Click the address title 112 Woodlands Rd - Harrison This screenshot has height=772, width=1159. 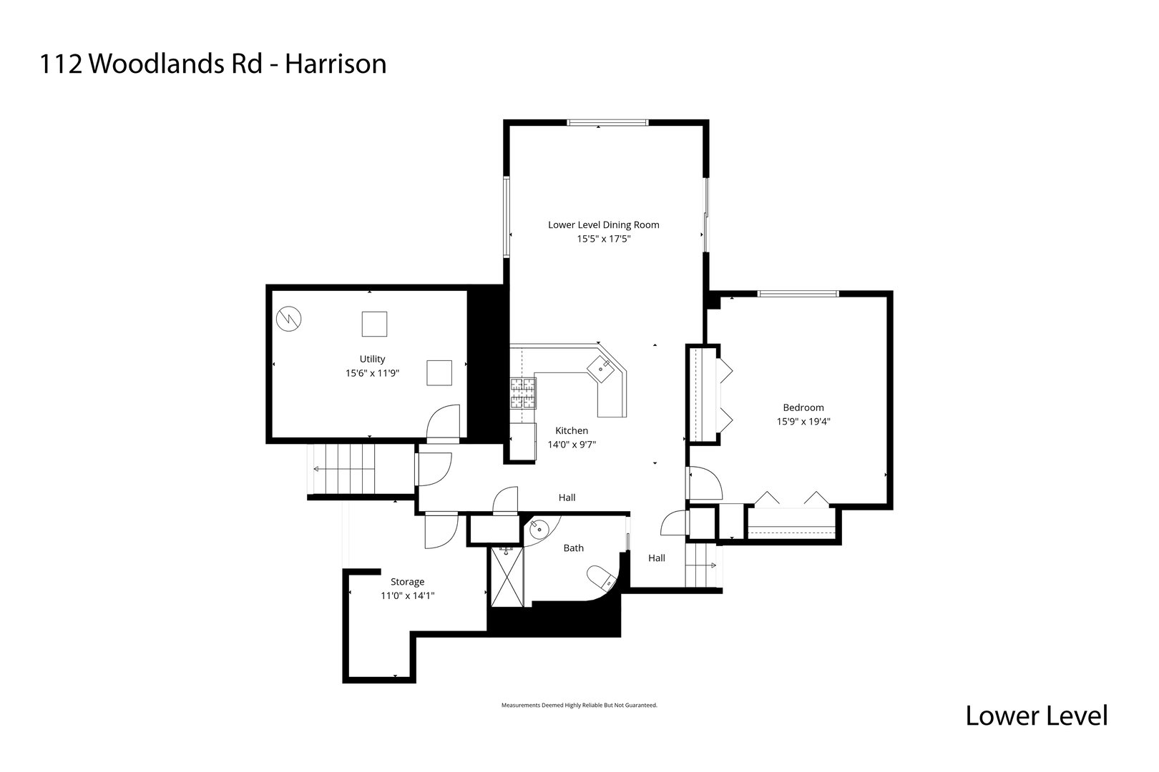coord(213,64)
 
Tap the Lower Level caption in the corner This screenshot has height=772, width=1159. coord(1036,715)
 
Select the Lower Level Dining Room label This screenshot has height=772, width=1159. coord(603,224)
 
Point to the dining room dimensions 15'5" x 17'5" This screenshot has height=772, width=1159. coord(603,239)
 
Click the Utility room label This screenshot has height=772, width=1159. coord(372,359)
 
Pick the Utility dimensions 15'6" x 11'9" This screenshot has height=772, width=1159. coord(372,372)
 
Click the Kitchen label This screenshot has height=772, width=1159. coord(572,430)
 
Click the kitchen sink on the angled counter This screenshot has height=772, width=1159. coord(599,368)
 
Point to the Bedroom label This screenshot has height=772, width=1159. coord(803,407)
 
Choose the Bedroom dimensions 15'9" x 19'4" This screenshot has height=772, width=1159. coord(803,421)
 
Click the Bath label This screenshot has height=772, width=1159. coord(573,548)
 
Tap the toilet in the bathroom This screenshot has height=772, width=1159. coord(600,577)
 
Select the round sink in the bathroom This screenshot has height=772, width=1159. coord(537,529)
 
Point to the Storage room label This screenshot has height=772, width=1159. coord(407,581)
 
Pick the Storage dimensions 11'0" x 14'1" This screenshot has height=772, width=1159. coord(407,595)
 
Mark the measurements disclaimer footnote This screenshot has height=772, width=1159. coord(579,705)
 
